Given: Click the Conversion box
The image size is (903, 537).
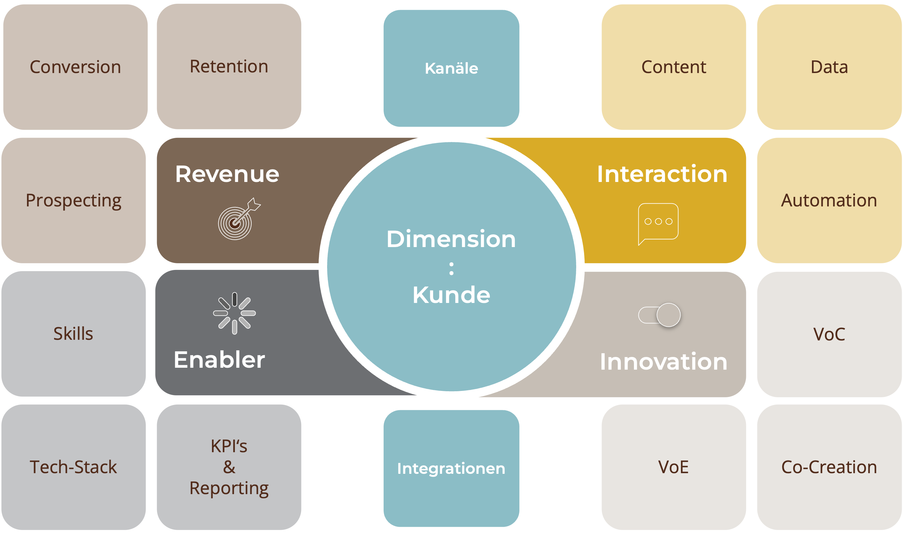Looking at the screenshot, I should [75, 67].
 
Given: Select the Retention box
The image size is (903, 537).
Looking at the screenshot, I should [229, 67].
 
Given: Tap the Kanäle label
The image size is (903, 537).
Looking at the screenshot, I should [451, 68].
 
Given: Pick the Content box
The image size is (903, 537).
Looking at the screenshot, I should [674, 67].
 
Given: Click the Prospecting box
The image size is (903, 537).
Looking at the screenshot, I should [73, 200].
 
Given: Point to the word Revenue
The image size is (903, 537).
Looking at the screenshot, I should [227, 174].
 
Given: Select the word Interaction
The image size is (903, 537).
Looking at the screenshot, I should [662, 174].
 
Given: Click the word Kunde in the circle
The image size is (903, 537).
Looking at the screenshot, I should [451, 295].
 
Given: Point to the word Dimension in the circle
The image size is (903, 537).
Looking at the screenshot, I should [451, 239].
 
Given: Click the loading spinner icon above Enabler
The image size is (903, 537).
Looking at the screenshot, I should [234, 313].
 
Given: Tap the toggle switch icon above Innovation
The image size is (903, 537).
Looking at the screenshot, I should [659, 315].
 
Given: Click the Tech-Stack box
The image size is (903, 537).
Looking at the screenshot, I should [73, 467].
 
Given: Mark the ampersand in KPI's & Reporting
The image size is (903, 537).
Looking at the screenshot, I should [229, 467].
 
